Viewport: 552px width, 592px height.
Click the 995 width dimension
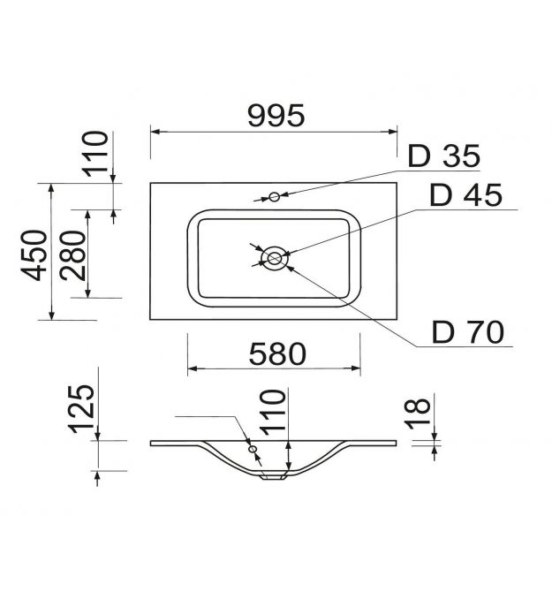click(x=276, y=115)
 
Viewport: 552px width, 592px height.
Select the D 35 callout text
click(x=444, y=156)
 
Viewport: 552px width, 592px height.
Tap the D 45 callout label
click(x=466, y=194)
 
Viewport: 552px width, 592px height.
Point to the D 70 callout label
click(x=468, y=332)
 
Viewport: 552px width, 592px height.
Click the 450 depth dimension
click(x=34, y=255)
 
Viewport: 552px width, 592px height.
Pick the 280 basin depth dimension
click(x=72, y=255)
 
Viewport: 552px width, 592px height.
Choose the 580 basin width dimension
click(x=277, y=353)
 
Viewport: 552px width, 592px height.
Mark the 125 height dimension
click(x=81, y=408)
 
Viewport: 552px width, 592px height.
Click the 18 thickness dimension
click(x=417, y=414)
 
